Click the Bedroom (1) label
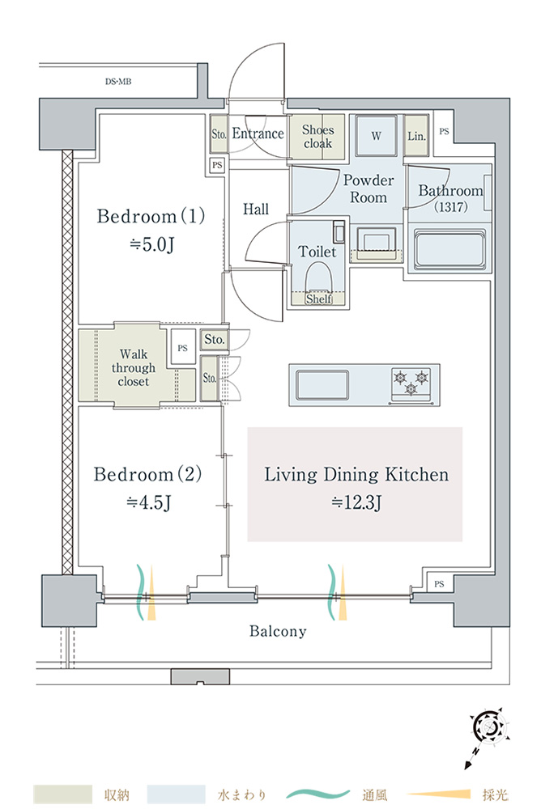point(151,217)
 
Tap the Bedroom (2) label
point(148,474)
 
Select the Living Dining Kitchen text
point(356,475)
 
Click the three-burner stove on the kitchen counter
point(411,382)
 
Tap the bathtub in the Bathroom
point(449,248)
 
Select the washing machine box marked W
point(376,136)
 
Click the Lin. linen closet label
point(417,136)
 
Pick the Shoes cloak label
point(317,137)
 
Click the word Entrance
point(258,134)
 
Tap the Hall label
point(256,210)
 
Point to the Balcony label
point(278,631)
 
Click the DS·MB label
point(118,82)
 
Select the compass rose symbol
point(489,729)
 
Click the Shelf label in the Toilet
point(318,299)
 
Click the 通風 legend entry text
point(375,794)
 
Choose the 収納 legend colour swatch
point(63,794)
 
